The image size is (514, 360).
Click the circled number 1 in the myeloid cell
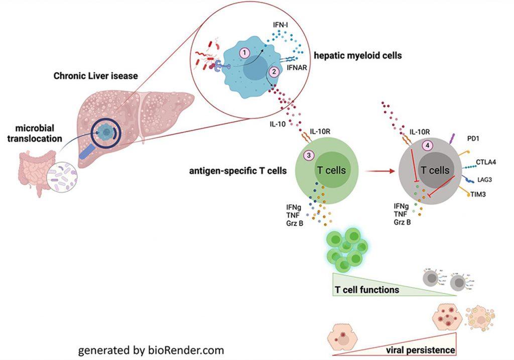click(x=244, y=52)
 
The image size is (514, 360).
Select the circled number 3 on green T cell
click(x=309, y=155)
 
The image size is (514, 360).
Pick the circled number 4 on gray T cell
click(x=428, y=145)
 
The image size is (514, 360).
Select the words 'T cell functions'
click(x=367, y=290)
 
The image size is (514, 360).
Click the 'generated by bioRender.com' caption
click(x=151, y=349)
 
